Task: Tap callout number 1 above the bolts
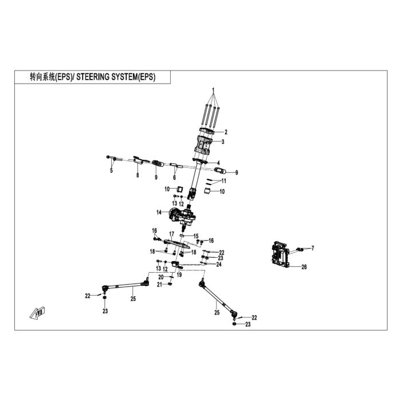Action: coord(213,90)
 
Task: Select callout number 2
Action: coord(226,132)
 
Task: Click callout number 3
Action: coord(223,141)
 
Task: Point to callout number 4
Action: coord(218,163)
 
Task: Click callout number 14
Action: coord(159,213)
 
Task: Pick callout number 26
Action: coord(304,267)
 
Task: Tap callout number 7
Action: coord(313,248)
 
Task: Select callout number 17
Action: coord(172,234)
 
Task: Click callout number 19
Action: coord(179,275)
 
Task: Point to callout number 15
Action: coord(196,236)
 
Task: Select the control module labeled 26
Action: coord(280,254)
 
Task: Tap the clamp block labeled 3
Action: coord(204,145)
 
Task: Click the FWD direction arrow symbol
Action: coord(37,313)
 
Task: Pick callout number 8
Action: coord(137,175)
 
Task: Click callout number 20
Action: coord(161,277)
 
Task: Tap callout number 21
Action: coord(160,285)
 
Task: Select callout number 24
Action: coord(219,265)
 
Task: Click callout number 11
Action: coord(224,181)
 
